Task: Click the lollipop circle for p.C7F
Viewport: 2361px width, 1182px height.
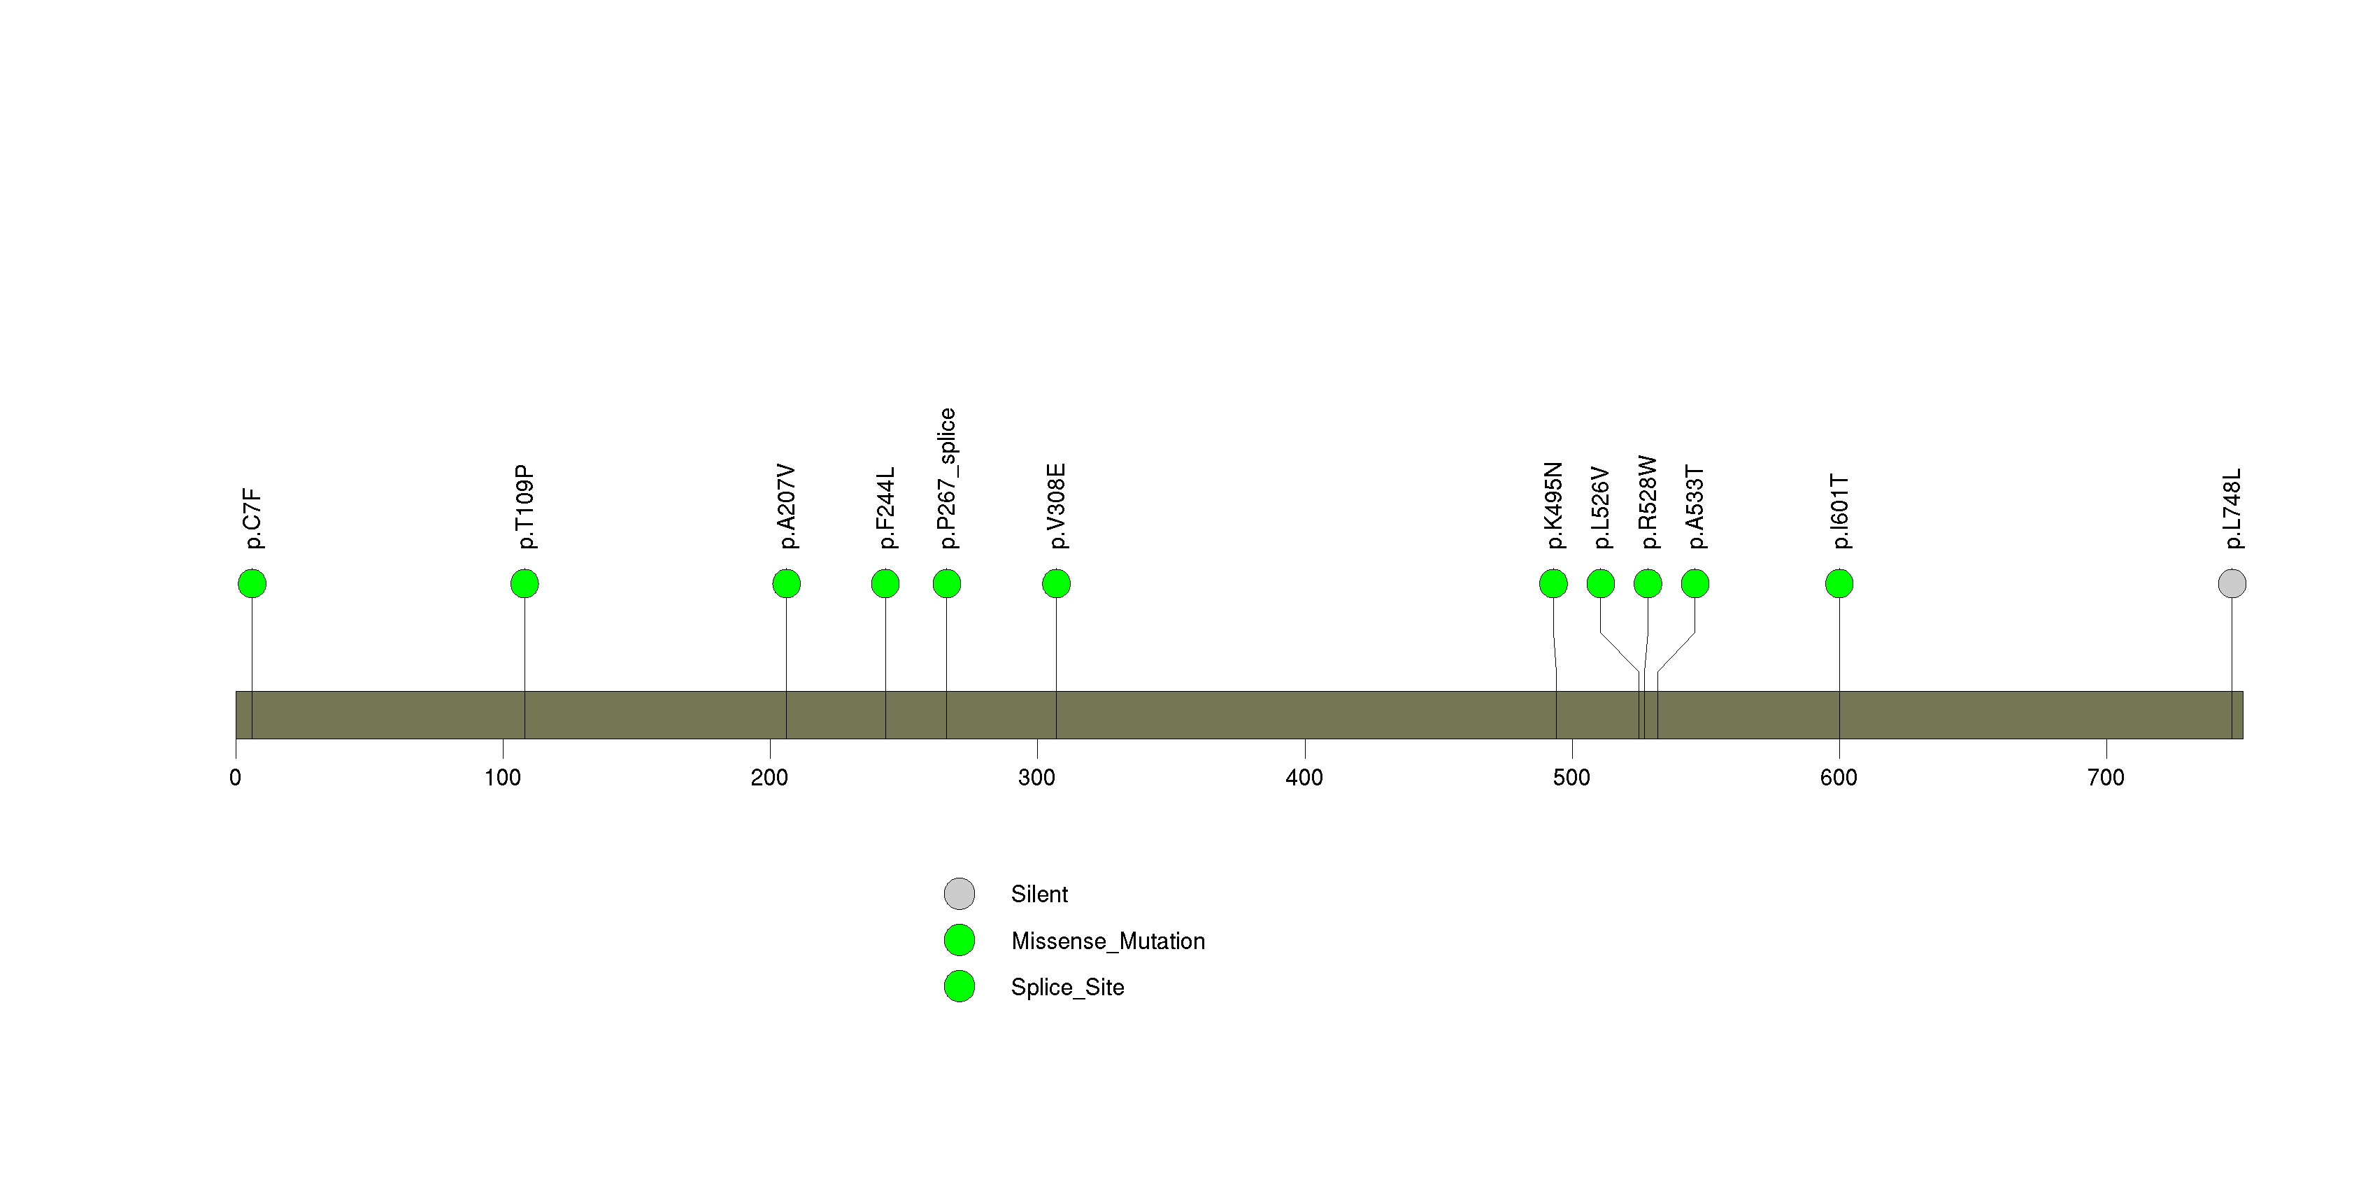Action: click(x=252, y=584)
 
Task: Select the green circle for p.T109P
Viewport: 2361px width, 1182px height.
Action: click(x=525, y=584)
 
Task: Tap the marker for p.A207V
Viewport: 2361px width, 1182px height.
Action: click(x=786, y=584)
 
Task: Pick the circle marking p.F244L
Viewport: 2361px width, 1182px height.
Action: click(x=885, y=584)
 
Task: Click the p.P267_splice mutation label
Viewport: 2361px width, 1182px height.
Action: click(x=947, y=478)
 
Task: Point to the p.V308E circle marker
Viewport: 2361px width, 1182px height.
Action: click(x=1056, y=584)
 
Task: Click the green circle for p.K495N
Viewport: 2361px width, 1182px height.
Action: click(x=1553, y=584)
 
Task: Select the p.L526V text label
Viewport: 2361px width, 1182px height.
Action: click(x=1600, y=508)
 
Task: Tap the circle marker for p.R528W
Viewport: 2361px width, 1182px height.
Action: click(x=1648, y=584)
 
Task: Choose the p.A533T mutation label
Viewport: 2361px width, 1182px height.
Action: click(x=1695, y=508)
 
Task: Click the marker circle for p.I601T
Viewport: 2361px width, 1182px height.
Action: click(x=1839, y=584)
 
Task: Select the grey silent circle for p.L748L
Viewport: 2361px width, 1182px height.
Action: click(x=2232, y=584)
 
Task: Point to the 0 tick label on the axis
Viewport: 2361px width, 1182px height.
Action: click(x=236, y=778)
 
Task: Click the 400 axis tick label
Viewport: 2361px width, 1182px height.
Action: click(x=1304, y=778)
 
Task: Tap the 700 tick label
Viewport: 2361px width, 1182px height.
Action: click(x=2106, y=778)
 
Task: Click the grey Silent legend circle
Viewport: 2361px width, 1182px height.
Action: click(x=960, y=893)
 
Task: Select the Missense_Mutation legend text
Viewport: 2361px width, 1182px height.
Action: click(x=1108, y=941)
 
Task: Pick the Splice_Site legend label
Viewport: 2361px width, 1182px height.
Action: click(x=1068, y=987)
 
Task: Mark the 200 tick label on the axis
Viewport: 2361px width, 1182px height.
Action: click(x=770, y=778)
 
